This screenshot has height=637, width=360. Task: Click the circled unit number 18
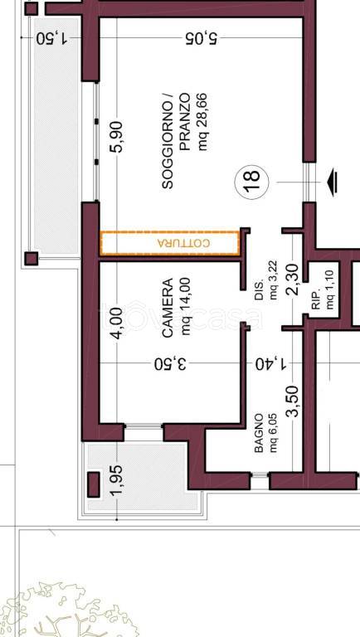(252, 182)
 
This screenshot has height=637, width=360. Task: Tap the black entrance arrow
(333, 182)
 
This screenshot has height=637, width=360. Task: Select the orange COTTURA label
(184, 243)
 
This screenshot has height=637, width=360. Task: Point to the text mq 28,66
(202, 122)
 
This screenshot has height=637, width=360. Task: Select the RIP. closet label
(317, 299)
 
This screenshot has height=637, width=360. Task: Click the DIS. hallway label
(260, 290)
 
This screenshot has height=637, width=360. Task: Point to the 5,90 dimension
(116, 137)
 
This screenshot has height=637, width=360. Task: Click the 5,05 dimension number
(202, 38)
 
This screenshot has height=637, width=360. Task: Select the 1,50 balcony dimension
(52, 38)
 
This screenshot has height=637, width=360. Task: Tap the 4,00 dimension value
(116, 323)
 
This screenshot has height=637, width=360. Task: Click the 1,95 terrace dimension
(116, 480)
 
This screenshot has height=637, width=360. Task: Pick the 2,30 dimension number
(293, 279)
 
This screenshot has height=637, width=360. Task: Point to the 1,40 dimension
(271, 363)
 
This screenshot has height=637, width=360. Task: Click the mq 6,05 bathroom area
(273, 433)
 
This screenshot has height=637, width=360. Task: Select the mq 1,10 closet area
(330, 289)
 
